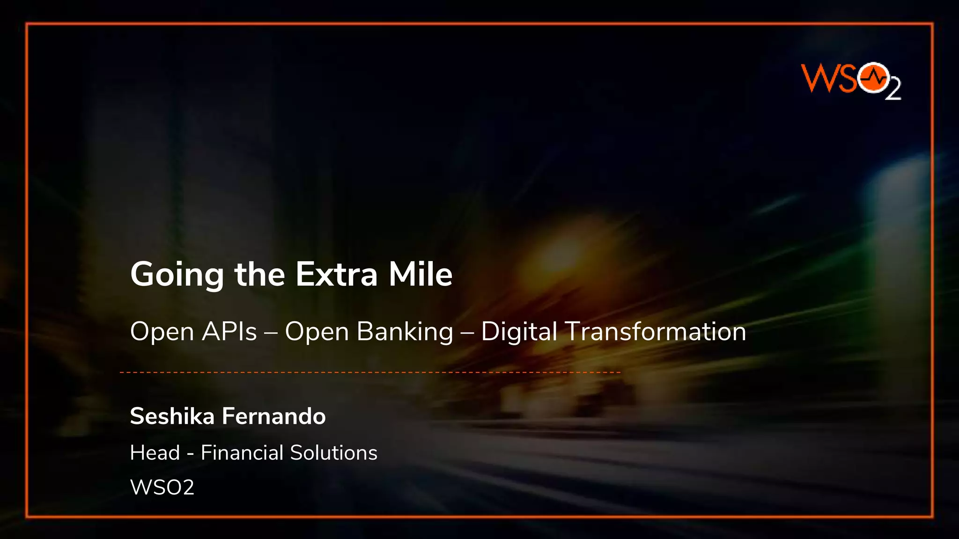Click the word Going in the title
tap(177, 275)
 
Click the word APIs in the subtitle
tap(229, 332)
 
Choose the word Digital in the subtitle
tap(519, 332)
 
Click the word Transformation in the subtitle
tap(656, 332)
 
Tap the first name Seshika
tap(172, 416)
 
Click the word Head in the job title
tap(155, 452)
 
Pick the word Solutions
tap(333, 452)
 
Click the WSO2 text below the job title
tap(162, 487)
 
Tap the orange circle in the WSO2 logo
tap(874, 78)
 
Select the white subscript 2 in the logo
tap(893, 89)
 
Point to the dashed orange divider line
tap(370, 372)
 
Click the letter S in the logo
tap(848, 78)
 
